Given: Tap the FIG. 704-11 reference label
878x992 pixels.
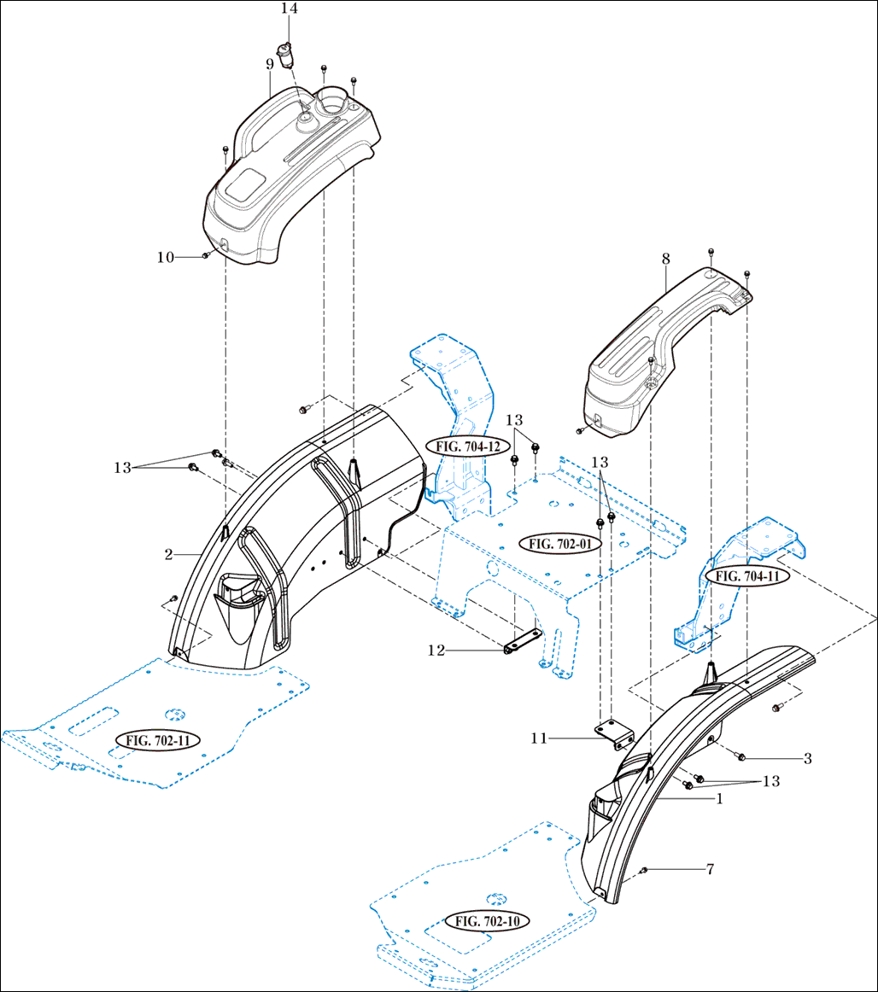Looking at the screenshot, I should (x=748, y=576).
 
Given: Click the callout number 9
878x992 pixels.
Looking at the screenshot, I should (x=269, y=63).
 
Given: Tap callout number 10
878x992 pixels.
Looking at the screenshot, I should (x=165, y=256).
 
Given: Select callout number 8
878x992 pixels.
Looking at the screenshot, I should (x=665, y=257).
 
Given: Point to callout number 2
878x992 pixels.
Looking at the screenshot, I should (x=169, y=554).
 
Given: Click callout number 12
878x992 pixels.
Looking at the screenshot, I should (x=436, y=651).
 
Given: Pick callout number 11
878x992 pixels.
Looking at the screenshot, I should (x=539, y=738).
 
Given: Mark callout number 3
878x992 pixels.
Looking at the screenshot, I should (x=807, y=757).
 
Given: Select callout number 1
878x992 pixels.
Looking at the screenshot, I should (x=719, y=800).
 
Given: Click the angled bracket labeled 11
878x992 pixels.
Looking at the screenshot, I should (x=613, y=733).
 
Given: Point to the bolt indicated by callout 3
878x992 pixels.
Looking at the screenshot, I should (x=740, y=756).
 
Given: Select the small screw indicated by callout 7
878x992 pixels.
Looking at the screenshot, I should (x=644, y=870).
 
